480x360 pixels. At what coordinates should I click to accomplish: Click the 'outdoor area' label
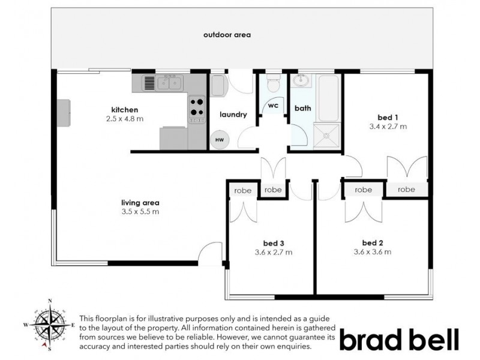coord(227,35)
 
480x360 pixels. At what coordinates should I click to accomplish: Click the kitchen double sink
coord(170,82)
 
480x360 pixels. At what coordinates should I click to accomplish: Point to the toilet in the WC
coord(273,82)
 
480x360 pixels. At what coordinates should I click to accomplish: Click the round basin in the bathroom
coord(302,81)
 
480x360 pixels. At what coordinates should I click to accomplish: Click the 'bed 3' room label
coord(273,243)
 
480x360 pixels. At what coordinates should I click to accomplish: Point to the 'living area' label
coord(140,203)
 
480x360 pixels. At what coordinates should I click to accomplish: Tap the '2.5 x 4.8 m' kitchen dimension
coord(124,119)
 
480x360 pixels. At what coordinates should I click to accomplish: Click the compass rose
coord(50,325)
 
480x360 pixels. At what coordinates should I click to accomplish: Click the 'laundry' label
coord(233,115)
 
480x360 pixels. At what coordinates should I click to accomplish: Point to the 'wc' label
coord(273,106)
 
